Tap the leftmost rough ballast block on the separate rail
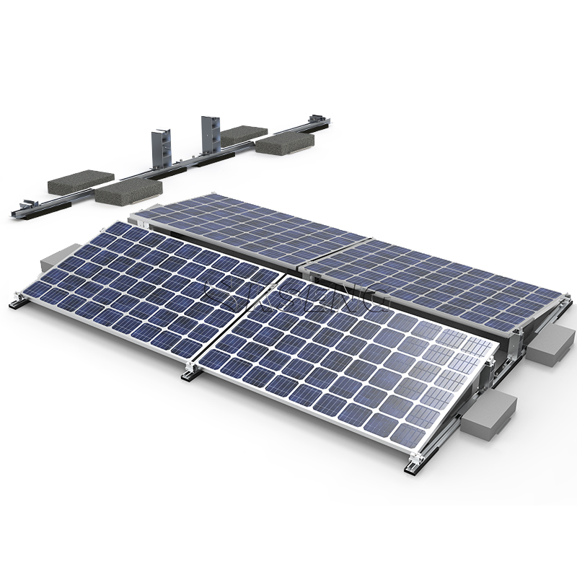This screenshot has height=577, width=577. [x=81, y=182]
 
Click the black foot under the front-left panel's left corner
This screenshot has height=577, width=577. [x=16, y=305]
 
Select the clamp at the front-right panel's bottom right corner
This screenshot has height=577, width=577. [x=414, y=464]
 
